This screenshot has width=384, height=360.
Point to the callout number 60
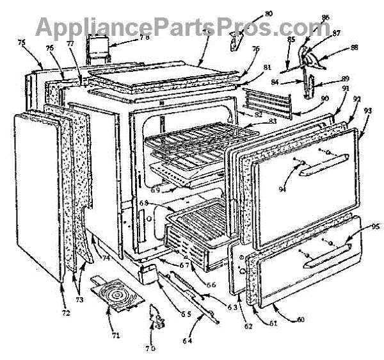click(298, 318)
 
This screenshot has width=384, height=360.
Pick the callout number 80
click(250, 14)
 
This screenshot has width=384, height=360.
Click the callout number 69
click(154, 190)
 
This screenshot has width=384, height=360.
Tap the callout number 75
click(22, 42)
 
